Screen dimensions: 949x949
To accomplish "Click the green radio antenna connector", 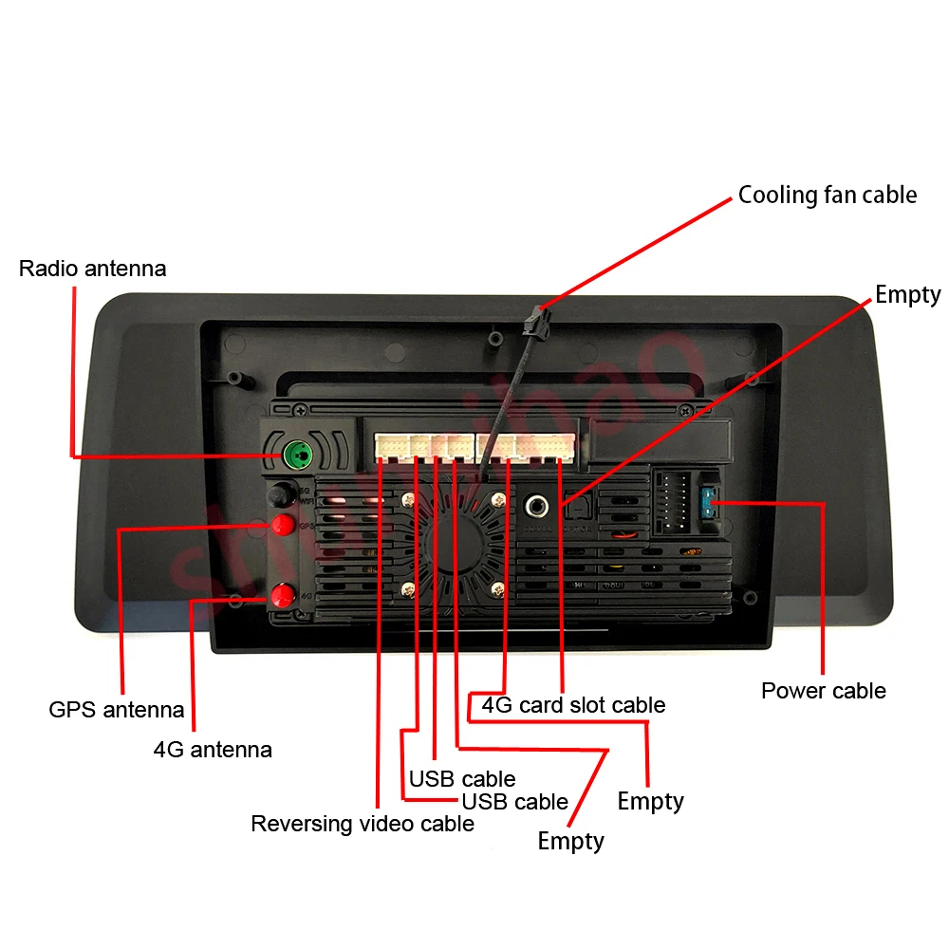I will point(299,456).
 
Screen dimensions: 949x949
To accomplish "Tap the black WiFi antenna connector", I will point(280,494).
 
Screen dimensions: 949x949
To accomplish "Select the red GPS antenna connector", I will point(281,525).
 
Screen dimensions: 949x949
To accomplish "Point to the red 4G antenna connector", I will point(282,596).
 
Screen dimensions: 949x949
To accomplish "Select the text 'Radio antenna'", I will point(92,269).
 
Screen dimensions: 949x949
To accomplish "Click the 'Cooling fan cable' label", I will point(828,195).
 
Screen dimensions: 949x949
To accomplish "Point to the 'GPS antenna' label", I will point(117,709).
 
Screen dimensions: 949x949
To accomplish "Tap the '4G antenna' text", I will point(213,749).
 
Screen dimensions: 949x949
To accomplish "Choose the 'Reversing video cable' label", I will point(362,824).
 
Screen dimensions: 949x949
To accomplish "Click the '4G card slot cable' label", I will point(573,705).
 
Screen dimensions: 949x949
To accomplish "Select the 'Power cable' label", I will point(823,690).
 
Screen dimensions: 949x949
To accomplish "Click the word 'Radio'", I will point(48,269).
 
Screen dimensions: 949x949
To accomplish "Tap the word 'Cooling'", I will point(777,195).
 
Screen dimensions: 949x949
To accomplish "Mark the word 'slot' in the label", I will point(588,705).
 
